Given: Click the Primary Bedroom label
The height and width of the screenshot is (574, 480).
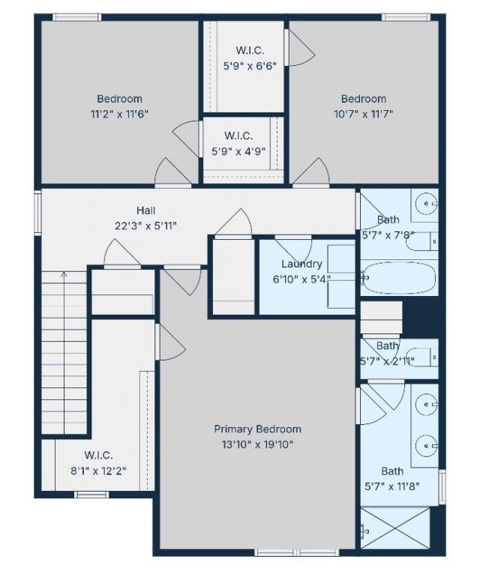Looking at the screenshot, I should (257, 429).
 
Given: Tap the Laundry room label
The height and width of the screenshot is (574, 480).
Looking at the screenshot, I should (301, 264).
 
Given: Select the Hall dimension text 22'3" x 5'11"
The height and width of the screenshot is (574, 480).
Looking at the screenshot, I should (146, 225).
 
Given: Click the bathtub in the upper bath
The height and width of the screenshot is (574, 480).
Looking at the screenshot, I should (398, 278).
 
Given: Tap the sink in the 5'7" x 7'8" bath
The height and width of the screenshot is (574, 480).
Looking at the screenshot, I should (427, 202).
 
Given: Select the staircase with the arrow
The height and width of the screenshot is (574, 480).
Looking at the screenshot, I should (64, 352).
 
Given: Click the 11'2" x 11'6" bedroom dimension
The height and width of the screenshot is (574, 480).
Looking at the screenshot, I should (119, 114).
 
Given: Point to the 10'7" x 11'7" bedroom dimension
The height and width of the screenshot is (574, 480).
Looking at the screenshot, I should (363, 114).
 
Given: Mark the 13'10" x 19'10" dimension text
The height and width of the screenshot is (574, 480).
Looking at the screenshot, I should (257, 444).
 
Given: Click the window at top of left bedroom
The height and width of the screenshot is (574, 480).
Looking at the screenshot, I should (76, 17).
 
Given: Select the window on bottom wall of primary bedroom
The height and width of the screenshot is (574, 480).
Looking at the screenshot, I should (277, 553).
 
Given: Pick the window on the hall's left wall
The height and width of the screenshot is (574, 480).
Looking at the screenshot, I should (37, 214).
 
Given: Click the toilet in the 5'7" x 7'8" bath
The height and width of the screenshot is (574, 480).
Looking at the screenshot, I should (424, 241).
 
